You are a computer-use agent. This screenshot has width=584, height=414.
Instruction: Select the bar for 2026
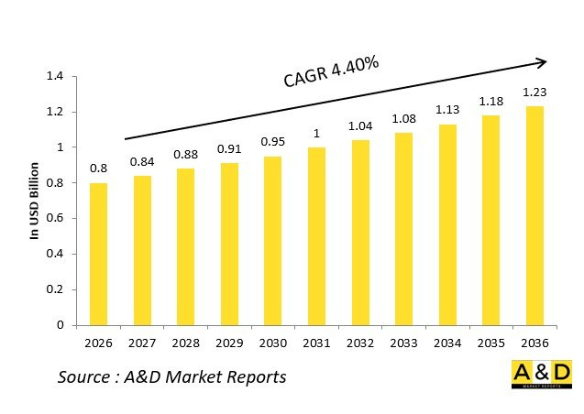point(98,254)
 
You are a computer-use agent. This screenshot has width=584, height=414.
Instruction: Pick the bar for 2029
point(228,244)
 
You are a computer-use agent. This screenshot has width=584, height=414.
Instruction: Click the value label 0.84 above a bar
point(141,162)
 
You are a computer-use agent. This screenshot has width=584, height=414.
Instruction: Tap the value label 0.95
point(272,142)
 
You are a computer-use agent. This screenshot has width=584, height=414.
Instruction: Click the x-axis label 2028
point(185,343)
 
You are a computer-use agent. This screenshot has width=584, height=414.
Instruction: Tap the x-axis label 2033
point(402,343)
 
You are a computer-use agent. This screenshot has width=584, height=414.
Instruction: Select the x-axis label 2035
point(490,343)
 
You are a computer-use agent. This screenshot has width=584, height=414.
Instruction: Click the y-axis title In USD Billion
point(34,201)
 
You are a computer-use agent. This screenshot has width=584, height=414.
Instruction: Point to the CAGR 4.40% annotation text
point(330,73)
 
